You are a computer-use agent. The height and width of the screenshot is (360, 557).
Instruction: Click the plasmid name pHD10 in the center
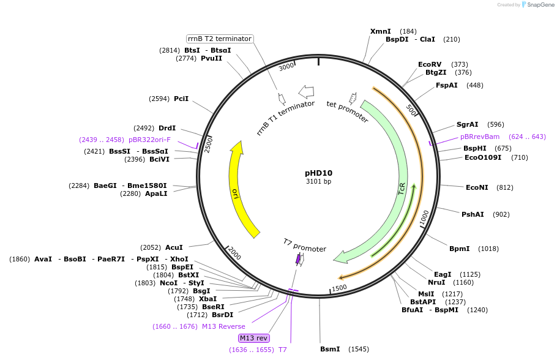(318, 173)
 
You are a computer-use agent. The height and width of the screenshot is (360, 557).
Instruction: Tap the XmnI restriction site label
(380, 31)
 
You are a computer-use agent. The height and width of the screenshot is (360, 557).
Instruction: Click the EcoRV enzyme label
(430, 64)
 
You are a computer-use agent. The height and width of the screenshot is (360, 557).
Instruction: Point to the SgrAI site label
(468, 124)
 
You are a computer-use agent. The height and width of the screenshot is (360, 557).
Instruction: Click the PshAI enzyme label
(473, 214)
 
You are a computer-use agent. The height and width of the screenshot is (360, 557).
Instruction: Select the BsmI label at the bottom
(330, 349)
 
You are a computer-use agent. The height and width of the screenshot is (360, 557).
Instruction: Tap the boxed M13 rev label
(253, 338)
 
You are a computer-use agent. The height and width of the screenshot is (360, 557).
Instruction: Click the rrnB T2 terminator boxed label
(220, 39)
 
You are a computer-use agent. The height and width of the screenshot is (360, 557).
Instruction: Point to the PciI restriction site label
(181, 99)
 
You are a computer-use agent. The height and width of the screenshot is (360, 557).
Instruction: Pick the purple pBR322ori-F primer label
(149, 140)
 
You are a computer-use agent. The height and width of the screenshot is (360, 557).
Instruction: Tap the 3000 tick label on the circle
(286, 67)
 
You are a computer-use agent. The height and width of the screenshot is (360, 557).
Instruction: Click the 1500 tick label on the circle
(339, 287)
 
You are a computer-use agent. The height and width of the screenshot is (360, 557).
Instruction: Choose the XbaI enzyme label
(208, 299)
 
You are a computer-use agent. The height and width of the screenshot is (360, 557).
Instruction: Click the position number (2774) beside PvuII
(185, 59)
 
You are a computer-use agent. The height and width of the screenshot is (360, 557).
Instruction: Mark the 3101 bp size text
(318, 181)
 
